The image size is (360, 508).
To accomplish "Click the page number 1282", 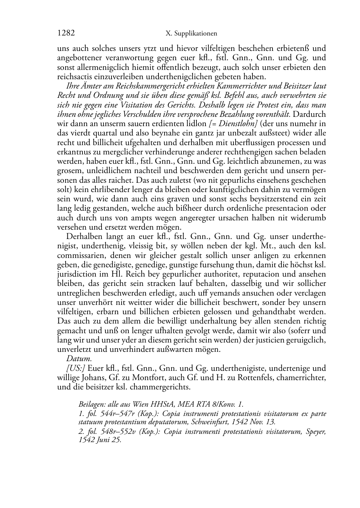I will pyautogui.click(x=66, y=33).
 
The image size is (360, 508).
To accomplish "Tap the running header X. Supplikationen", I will pyautogui.click(x=192, y=34).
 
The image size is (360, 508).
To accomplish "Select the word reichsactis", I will pyautogui.click(x=75, y=77).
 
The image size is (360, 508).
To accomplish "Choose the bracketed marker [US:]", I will pyautogui.click(x=76, y=368).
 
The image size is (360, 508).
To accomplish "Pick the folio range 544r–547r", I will pyautogui.click(x=112, y=414).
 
